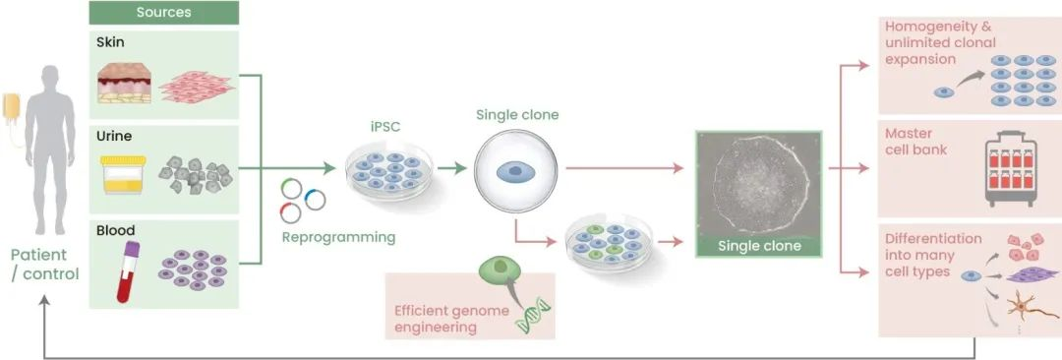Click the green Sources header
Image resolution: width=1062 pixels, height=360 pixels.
(x=163, y=13)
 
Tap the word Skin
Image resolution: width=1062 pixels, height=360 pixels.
(x=110, y=43)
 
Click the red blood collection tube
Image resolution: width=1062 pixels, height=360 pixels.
(x=126, y=270)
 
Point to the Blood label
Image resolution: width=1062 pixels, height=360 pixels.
(x=115, y=231)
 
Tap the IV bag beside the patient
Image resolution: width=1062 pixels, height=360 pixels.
(x=12, y=108)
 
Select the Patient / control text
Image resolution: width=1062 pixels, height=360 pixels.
(x=44, y=263)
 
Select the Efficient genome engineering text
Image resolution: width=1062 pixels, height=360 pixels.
(x=451, y=318)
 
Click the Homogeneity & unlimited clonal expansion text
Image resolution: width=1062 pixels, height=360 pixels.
(x=939, y=42)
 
